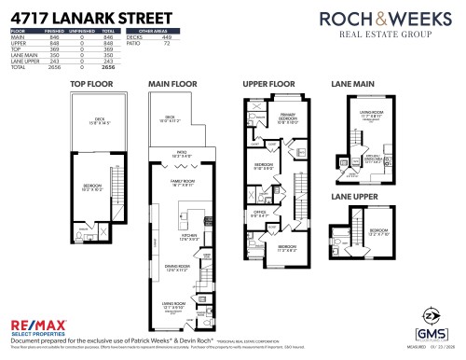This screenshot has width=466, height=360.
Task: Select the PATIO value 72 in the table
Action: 168,42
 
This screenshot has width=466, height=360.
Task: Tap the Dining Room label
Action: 177,267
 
